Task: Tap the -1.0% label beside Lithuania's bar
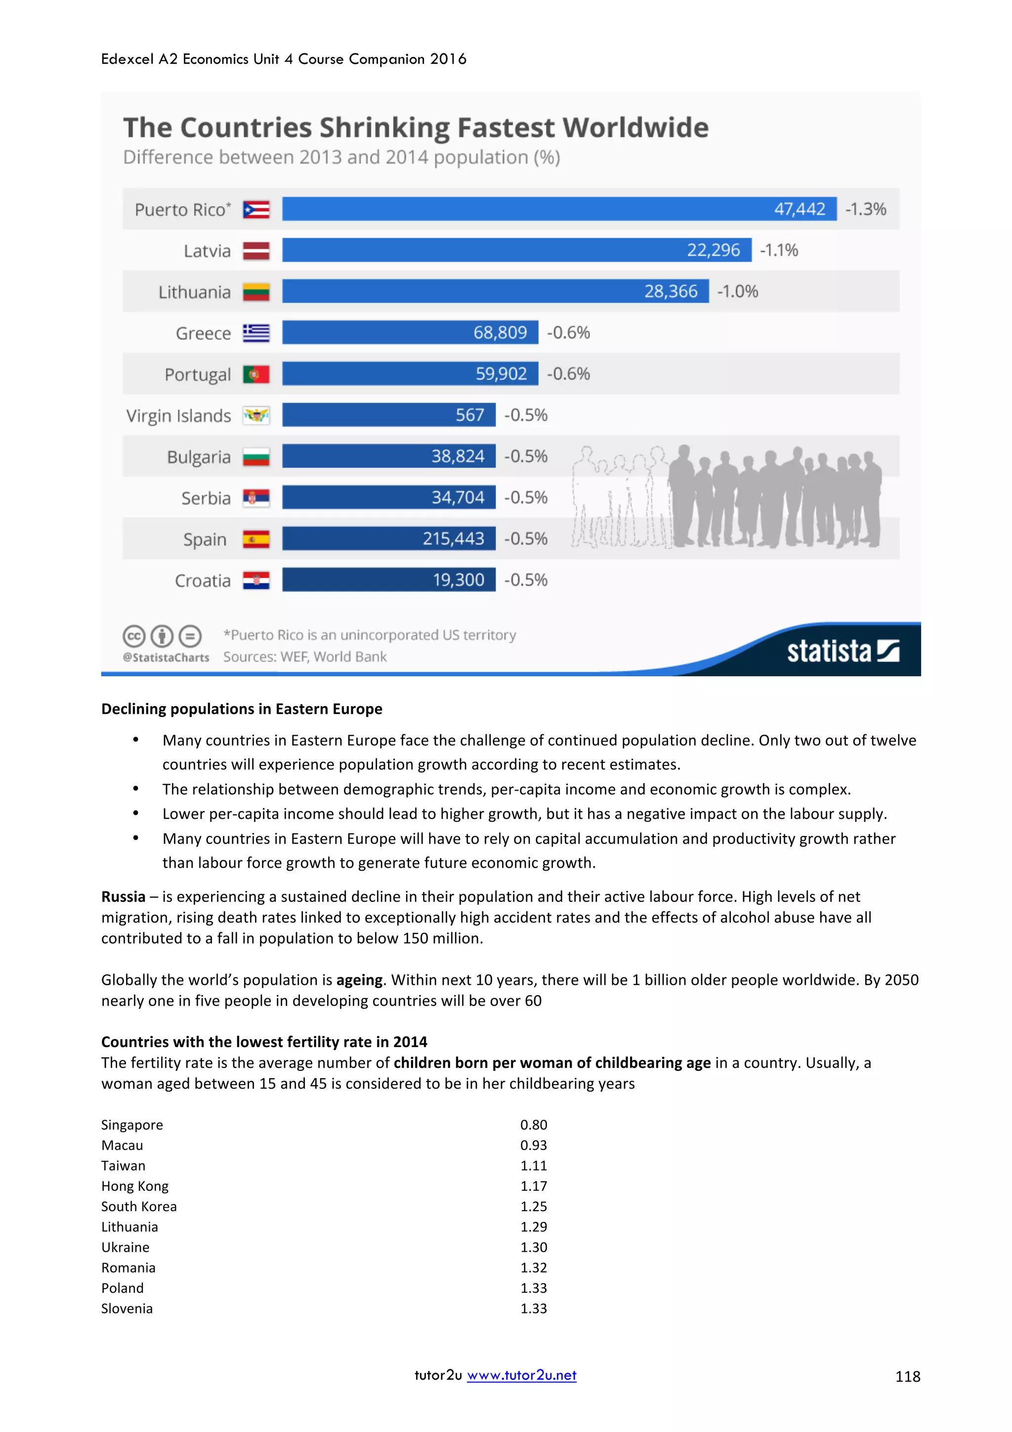coord(737,291)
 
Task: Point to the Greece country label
coord(203,333)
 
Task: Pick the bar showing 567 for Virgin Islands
coord(388,415)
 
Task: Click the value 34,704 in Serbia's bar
coord(458,497)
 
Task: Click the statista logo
coord(842,651)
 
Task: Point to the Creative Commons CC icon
coord(134,636)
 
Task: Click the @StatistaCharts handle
coord(166,657)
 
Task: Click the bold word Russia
coord(124,896)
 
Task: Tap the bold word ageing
coord(359,980)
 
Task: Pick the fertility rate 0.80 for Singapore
coord(534,1125)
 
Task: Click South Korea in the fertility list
coord(139,1206)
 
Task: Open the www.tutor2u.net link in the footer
coord(521,1375)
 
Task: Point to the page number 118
coord(907,1377)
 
